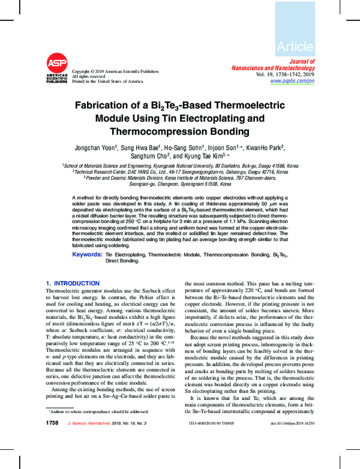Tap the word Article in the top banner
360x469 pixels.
click(x=295, y=46)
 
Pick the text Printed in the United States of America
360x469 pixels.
click(x=107, y=81)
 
